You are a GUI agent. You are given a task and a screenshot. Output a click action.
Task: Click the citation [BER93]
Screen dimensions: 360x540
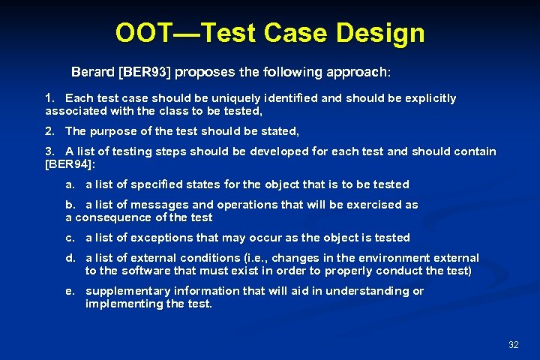(145, 73)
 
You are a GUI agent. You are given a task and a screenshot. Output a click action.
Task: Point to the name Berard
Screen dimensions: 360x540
(93, 73)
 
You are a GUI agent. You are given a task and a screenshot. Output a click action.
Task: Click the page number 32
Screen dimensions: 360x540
(514, 344)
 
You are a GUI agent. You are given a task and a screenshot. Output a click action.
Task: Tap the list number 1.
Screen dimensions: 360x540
(49, 98)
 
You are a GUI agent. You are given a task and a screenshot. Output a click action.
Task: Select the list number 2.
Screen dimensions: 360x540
(49, 131)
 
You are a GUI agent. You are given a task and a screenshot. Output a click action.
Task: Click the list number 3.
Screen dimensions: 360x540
(49, 151)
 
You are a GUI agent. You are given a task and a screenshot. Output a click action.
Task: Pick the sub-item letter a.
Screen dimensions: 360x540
(69, 184)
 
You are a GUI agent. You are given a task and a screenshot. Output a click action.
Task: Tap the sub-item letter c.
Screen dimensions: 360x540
(69, 238)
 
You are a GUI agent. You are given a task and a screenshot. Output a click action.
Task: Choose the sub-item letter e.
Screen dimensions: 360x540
(69, 291)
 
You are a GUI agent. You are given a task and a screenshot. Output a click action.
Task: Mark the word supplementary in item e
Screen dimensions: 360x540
(124, 291)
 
